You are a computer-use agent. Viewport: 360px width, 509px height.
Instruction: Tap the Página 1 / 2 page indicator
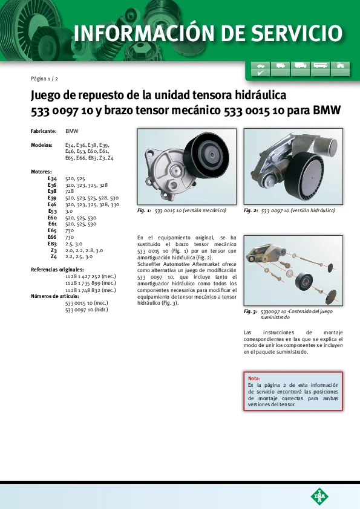tap(44, 79)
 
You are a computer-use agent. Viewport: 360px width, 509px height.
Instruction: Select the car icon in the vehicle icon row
tap(261, 65)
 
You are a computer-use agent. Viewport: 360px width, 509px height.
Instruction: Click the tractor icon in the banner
tap(340, 65)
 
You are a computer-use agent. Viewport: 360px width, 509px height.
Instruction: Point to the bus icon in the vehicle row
tap(320, 65)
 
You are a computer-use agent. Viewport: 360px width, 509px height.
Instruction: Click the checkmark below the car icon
tap(261, 73)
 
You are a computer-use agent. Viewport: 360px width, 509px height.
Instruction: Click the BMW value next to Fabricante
tap(72, 131)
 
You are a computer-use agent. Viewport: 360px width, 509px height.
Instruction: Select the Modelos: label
tap(42, 145)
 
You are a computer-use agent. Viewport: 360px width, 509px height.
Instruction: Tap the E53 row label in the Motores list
tap(52, 211)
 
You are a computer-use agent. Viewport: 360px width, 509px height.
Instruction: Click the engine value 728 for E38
tap(70, 191)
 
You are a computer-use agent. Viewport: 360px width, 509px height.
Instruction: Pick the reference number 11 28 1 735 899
tap(91, 283)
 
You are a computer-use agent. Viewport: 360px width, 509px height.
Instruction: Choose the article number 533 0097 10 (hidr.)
tap(87, 310)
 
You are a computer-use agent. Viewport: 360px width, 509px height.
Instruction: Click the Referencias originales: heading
tap(57, 270)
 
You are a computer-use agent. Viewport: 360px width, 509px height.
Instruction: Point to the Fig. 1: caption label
tap(144, 210)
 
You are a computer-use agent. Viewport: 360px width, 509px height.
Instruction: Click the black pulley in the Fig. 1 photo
tap(206, 155)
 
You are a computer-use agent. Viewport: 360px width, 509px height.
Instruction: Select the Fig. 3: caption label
tap(250, 311)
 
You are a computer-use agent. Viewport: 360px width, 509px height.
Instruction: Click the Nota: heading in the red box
tap(254, 378)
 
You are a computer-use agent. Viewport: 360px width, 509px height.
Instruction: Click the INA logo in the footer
tap(319, 496)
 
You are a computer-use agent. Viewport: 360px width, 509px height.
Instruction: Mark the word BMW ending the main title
tap(327, 111)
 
